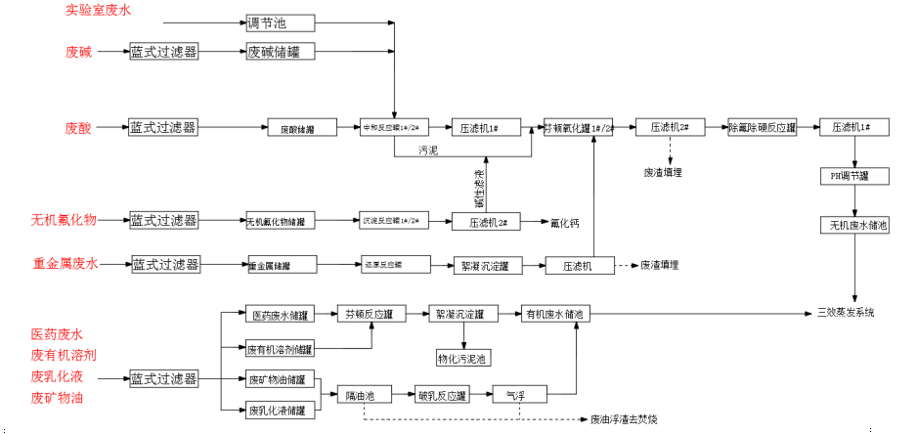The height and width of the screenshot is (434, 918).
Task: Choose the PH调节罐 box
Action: (855, 176)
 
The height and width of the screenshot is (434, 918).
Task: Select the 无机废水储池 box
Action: (855, 226)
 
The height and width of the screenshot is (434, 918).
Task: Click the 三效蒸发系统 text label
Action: (846, 314)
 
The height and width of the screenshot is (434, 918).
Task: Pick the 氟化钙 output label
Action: (565, 223)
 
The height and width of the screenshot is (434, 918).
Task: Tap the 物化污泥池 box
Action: (464, 359)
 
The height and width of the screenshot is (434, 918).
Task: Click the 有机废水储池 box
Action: (553, 314)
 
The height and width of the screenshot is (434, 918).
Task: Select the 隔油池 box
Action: (361, 396)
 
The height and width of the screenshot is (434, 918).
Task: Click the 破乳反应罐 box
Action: (444, 396)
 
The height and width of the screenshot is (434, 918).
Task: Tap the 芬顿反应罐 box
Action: (369, 314)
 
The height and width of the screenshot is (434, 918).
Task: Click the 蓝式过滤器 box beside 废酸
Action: (163, 127)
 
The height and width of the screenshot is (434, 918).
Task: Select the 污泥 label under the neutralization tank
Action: (428, 150)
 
